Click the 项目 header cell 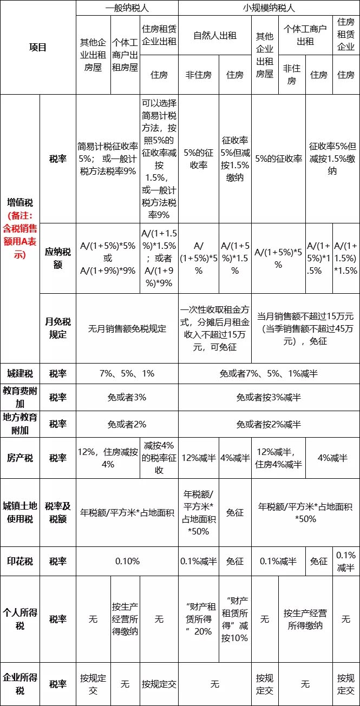coord(38,48)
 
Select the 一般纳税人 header coord(127,8)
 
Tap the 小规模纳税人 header coord(269,8)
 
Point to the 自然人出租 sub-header coord(215,36)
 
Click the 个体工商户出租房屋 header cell coord(125,55)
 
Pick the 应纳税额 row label coord(58,258)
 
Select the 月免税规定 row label coord(58,328)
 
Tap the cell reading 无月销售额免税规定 coord(127,328)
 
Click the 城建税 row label coord(20,374)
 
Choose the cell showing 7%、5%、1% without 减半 coord(127,374)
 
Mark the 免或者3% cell coord(127,398)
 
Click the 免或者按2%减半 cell coord(269,424)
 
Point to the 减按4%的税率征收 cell coord(159,458)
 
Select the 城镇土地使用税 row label coord(20,512)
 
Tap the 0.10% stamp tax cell coord(127,561)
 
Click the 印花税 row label coord(20,561)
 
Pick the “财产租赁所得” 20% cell coord(199,618)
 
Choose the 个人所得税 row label coord(20,618)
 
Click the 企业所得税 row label coord(20,684)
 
